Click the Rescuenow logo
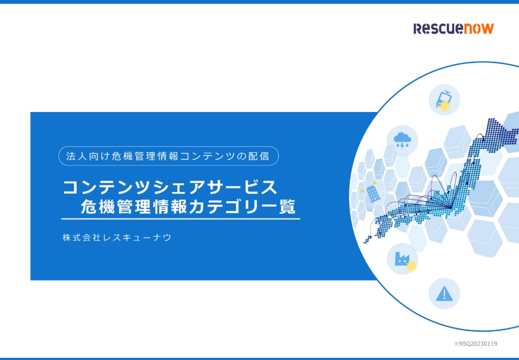click(x=453, y=28)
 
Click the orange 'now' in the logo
click(x=478, y=28)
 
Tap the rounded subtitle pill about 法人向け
click(x=168, y=156)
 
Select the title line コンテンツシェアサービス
click(x=170, y=187)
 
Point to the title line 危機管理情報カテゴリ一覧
click(x=188, y=207)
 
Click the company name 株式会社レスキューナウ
click(x=117, y=238)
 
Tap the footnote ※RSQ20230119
click(x=476, y=344)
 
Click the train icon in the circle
click(x=444, y=99)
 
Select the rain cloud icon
click(x=403, y=140)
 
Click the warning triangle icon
click(x=444, y=294)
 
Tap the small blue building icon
click(x=373, y=193)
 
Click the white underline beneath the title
click(x=181, y=219)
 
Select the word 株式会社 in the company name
click(x=82, y=238)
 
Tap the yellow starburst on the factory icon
click(x=411, y=266)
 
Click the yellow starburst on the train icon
click(x=445, y=105)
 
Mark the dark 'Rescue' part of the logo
click(x=438, y=28)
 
